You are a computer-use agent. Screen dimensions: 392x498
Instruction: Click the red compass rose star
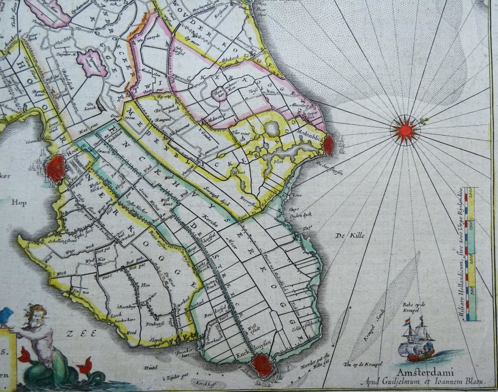click(x=405, y=130)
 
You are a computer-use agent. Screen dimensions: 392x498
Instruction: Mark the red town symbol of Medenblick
click(x=328, y=145)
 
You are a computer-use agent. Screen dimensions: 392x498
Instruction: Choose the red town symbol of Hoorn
click(x=56, y=169)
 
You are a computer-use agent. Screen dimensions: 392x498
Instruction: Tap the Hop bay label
click(x=19, y=202)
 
